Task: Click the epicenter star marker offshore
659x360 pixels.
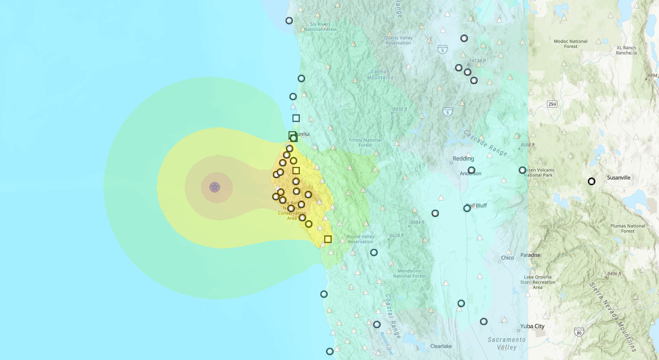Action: [x=214, y=187]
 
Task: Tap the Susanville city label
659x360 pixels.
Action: [x=618, y=178]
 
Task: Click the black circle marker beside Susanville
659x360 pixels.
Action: [x=591, y=181]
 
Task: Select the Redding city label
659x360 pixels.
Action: [x=463, y=159]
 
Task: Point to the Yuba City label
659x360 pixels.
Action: [x=532, y=326]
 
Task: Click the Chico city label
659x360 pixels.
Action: [x=507, y=258]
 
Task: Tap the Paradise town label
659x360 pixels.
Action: [x=530, y=255]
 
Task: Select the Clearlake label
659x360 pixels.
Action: [x=441, y=346]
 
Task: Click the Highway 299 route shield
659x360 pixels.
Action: [x=552, y=104]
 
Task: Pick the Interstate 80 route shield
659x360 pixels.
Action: [x=579, y=333]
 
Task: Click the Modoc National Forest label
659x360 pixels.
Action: [x=571, y=44]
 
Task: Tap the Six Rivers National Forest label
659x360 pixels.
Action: [x=320, y=27]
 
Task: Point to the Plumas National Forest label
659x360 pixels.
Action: [x=628, y=228]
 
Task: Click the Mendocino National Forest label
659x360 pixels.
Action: [x=409, y=273]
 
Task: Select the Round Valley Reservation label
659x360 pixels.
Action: [x=360, y=239]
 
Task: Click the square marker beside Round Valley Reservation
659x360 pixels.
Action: [x=328, y=239]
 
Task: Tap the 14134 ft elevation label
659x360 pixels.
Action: [x=478, y=61]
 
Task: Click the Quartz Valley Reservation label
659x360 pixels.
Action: [x=398, y=41]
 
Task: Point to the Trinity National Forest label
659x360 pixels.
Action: [x=365, y=143]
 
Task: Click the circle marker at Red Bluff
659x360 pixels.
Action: [x=467, y=208]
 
